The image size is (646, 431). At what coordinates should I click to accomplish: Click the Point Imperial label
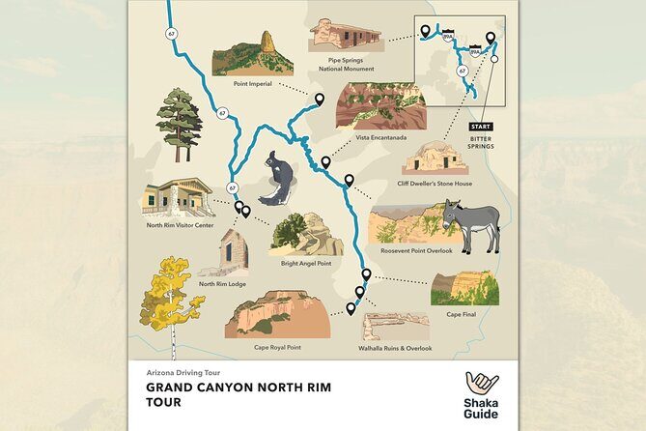[252, 83]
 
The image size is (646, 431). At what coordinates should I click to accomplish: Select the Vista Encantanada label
[380, 137]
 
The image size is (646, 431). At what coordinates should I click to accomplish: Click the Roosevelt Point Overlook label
[417, 250]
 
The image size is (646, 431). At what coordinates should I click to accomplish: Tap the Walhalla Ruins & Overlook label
[395, 348]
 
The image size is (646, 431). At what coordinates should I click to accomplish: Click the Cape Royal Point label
[277, 347]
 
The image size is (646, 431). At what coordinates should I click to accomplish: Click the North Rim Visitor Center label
[180, 225]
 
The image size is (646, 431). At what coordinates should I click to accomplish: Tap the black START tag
[480, 127]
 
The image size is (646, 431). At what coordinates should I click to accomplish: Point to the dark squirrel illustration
[279, 180]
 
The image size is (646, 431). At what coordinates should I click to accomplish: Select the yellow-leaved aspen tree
[170, 294]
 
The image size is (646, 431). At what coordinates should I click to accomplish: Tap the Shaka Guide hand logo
[481, 384]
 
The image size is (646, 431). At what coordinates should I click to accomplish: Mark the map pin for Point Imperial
[319, 98]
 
